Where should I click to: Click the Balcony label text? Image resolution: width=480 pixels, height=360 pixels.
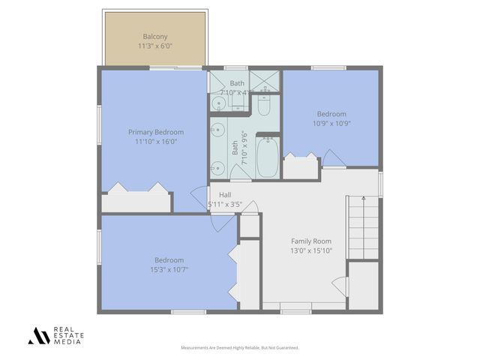(x=155, y=36)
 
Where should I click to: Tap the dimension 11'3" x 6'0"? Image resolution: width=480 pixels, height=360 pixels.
(x=155, y=46)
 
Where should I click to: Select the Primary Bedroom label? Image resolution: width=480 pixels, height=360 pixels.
(x=155, y=132)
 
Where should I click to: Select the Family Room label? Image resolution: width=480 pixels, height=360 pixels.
(x=311, y=241)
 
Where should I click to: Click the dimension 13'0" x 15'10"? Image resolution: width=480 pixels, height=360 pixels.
(x=311, y=251)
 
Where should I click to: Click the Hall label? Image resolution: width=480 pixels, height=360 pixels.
(x=225, y=195)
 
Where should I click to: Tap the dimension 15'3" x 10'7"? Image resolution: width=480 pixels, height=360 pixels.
(x=169, y=270)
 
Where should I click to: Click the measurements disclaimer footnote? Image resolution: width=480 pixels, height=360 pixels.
(x=240, y=348)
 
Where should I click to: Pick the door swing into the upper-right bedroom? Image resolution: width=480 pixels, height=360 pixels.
(x=331, y=159)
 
